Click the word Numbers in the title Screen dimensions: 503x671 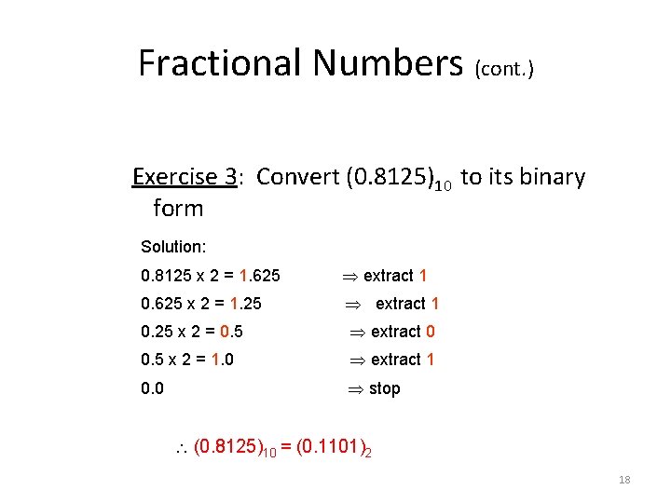[x=388, y=63]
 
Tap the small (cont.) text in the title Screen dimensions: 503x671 [x=504, y=69]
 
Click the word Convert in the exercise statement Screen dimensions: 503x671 [x=296, y=177]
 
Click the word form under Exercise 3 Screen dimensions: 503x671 [x=177, y=208]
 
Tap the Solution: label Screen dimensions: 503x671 [x=172, y=247]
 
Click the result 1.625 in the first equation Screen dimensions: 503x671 [x=260, y=276]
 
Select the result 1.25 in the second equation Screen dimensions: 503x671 [x=250, y=304]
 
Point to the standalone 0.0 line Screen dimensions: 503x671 [x=152, y=388]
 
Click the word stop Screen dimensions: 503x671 [x=384, y=388]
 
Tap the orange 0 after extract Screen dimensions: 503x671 [x=430, y=332]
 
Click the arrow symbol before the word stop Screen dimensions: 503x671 [x=356, y=388]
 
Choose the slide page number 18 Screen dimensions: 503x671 [x=624, y=480]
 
